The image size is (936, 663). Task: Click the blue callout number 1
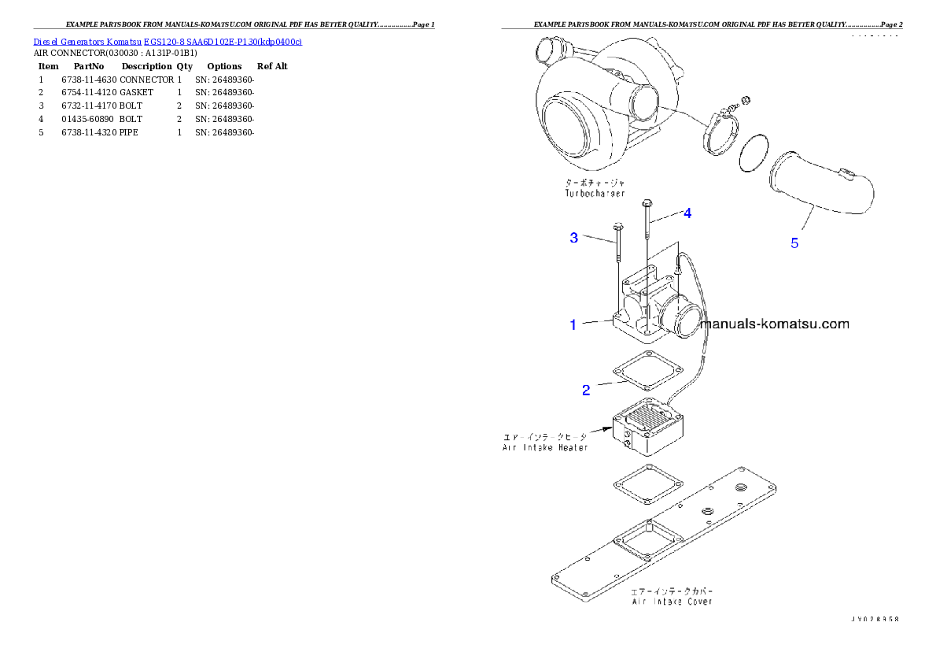coord(573,324)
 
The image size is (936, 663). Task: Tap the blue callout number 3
coord(574,238)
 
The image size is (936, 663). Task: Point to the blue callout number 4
coord(687,213)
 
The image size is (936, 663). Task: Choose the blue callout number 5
coord(794,243)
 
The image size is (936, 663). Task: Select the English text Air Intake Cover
coord(673,601)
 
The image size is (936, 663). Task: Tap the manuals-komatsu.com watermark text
coord(774,324)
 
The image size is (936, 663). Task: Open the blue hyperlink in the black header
coord(168,41)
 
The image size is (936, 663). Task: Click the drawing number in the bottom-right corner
coord(874,619)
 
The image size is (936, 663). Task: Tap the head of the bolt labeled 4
coord(647,202)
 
